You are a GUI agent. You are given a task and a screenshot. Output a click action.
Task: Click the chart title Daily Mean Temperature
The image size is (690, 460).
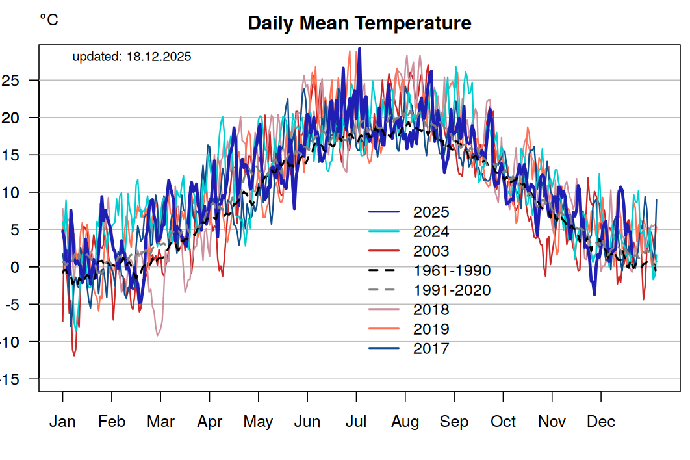click(x=359, y=23)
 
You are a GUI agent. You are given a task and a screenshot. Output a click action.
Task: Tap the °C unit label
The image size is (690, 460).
click(x=49, y=20)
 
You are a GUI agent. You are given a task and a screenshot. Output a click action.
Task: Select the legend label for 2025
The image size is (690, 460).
click(x=431, y=212)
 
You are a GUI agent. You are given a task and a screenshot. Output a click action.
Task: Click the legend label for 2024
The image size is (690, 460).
click(x=431, y=232)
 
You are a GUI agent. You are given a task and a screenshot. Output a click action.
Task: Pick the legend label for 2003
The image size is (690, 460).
click(x=431, y=251)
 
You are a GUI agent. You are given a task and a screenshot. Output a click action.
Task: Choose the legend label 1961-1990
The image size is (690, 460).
click(x=452, y=271)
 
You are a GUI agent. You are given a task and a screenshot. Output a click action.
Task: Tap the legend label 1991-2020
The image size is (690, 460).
click(x=452, y=290)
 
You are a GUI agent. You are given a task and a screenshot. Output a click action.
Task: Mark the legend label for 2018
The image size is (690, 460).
click(x=431, y=310)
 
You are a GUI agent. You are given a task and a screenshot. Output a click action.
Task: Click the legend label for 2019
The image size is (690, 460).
click(x=431, y=329)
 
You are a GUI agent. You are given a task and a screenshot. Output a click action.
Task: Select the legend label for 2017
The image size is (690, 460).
click(x=431, y=349)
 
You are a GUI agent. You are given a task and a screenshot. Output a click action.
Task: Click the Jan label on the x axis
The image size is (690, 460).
click(x=62, y=422)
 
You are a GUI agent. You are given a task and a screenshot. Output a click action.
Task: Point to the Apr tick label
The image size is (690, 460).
click(x=210, y=422)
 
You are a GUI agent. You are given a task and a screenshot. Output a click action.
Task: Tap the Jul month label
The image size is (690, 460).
click(x=356, y=422)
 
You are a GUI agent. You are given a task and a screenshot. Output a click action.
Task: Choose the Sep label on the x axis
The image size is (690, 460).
click(x=454, y=422)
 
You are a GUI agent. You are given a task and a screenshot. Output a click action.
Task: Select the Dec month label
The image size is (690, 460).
click(x=601, y=422)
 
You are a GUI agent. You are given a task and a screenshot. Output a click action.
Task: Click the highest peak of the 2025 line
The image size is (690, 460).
click(x=359, y=49)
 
